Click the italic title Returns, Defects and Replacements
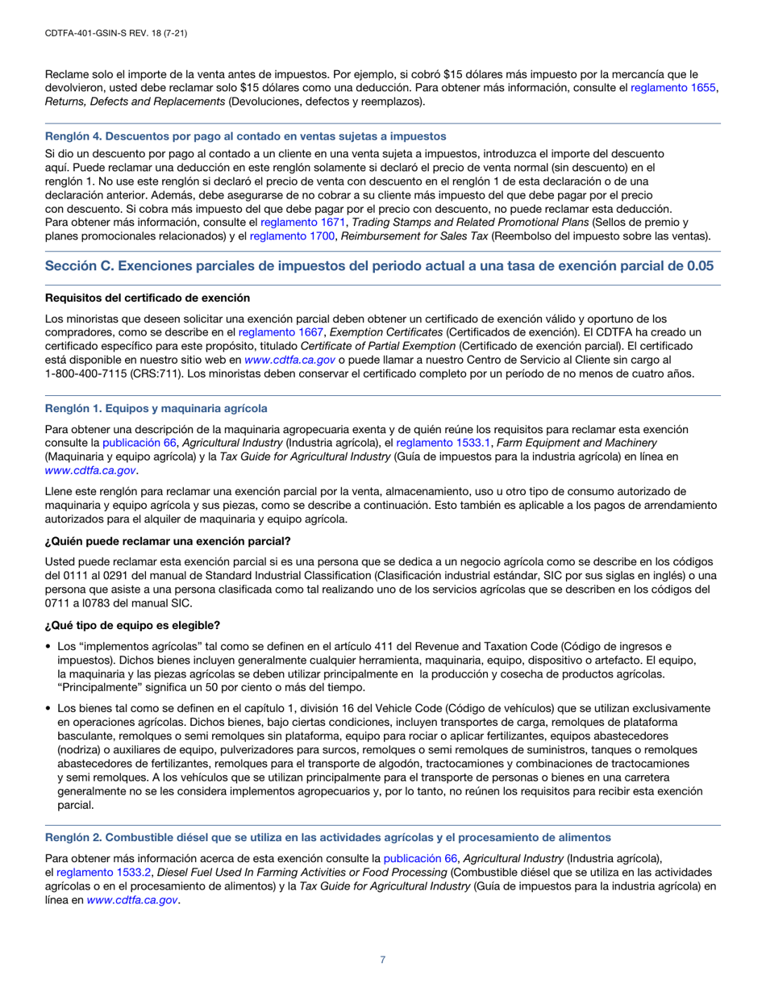[135, 102]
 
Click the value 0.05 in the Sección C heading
[700, 266]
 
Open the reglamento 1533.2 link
[103, 873]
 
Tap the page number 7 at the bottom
[383, 960]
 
